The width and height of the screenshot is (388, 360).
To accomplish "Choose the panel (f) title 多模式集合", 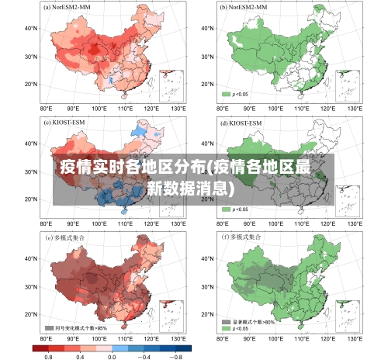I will [x=245, y=237].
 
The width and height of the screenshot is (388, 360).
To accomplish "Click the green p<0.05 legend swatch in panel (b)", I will [x=227, y=94].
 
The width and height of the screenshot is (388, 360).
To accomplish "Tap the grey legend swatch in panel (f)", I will [x=227, y=321].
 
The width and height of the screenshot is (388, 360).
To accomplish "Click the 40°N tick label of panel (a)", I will [x=30, y=29].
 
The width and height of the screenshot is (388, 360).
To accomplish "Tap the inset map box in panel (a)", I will [x=171, y=85].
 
